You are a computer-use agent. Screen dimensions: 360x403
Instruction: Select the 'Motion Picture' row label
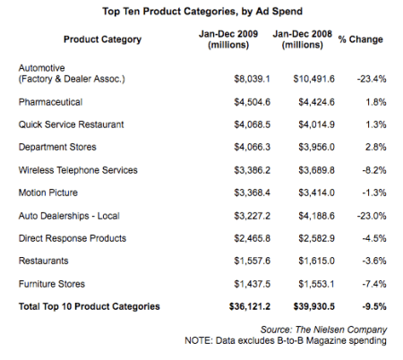pyautogui.click(x=49, y=192)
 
